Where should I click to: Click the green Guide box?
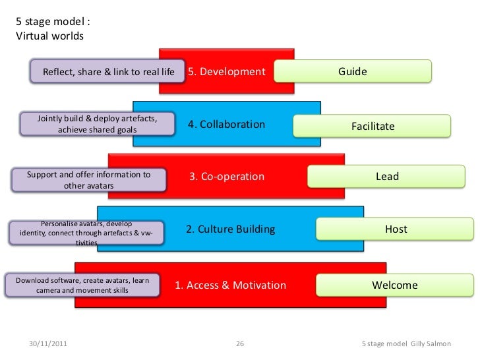point(352,71)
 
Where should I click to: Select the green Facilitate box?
point(372,125)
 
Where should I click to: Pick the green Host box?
point(396,229)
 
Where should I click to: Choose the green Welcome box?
point(395,285)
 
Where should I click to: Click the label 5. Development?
point(226,71)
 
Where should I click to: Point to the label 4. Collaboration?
point(226,125)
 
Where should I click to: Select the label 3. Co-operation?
point(226,177)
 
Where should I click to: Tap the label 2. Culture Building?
point(229,229)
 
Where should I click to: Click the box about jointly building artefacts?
point(98,124)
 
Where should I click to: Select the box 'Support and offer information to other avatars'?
point(88,180)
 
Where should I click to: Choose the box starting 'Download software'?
point(82,285)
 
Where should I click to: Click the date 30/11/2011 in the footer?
point(47,344)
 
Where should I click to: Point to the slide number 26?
point(239,344)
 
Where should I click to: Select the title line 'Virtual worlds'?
point(49,36)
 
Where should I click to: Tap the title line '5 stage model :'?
point(52,22)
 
